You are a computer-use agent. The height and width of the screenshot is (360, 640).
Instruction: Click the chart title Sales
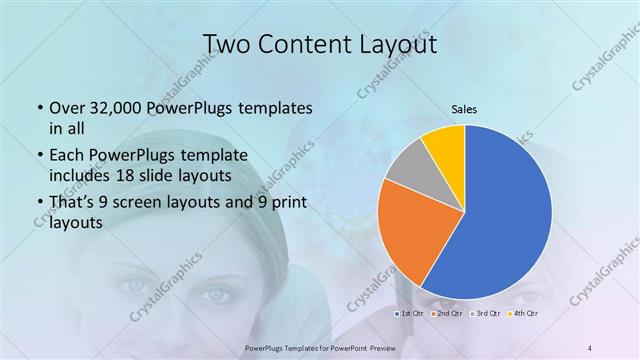[x=465, y=110]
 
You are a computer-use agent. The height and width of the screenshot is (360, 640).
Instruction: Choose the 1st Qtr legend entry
[x=409, y=315]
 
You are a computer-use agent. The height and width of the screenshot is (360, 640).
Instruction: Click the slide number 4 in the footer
[x=589, y=347]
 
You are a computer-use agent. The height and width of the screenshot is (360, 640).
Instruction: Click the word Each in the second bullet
[x=65, y=155]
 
